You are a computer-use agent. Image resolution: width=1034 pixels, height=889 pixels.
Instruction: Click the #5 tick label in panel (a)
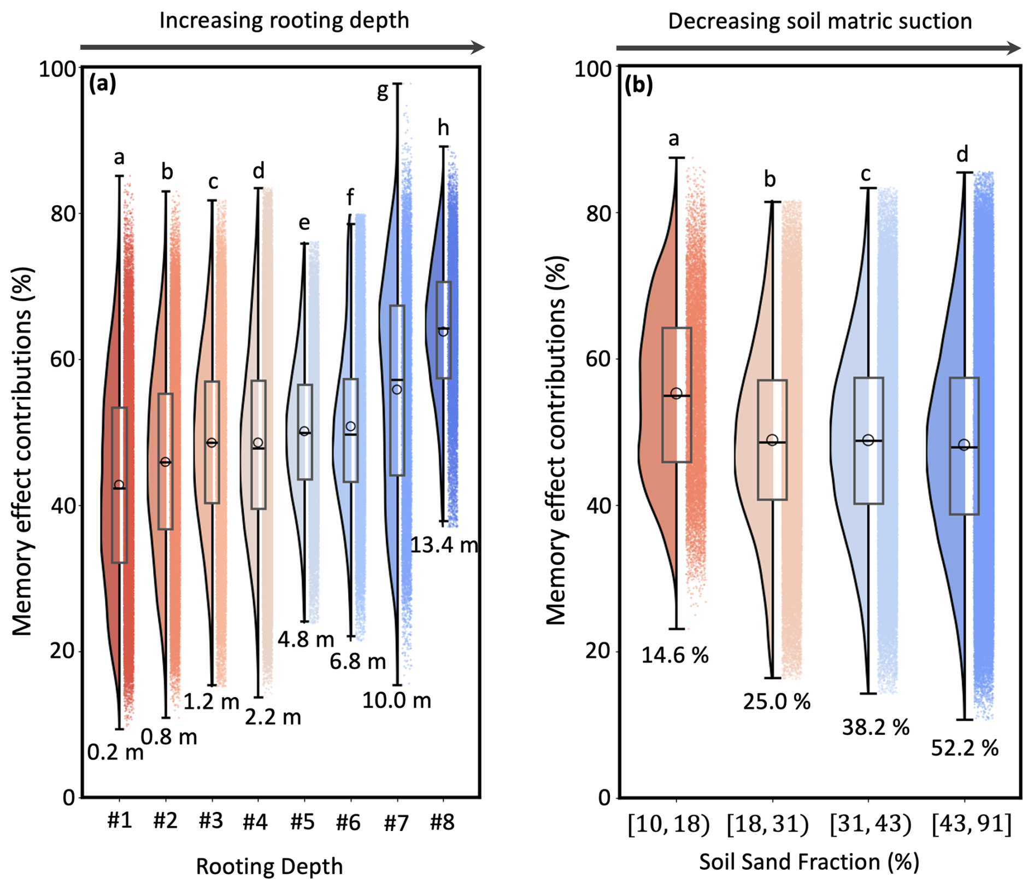[303, 822]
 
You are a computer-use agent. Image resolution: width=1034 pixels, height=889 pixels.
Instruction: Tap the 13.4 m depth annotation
[444, 545]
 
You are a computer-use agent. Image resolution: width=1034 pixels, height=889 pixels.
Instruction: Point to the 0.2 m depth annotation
[115, 753]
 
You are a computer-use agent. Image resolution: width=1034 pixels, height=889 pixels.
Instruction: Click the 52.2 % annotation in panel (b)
[965, 748]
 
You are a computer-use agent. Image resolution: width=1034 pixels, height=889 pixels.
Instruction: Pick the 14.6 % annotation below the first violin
[675, 654]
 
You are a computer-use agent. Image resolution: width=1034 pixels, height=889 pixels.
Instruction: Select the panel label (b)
[639, 86]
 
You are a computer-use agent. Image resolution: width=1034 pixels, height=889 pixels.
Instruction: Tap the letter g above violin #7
[383, 92]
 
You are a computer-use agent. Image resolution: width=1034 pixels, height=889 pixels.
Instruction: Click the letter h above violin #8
[443, 128]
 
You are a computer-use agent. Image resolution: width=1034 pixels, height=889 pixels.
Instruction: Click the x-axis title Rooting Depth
[269, 867]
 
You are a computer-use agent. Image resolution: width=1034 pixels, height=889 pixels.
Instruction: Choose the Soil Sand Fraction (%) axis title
[809, 862]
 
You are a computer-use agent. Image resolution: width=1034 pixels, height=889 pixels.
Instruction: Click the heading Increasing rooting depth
[284, 21]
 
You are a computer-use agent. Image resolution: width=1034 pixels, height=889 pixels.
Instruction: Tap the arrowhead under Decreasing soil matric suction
[1014, 48]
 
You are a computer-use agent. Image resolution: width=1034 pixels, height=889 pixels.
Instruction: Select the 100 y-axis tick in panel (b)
[592, 69]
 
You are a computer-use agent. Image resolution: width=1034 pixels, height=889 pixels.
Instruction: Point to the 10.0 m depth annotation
[397, 700]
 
